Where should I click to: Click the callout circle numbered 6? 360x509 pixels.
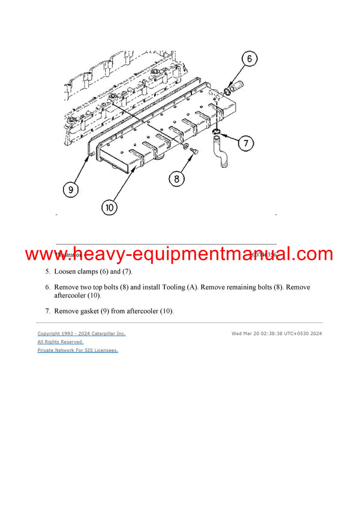[249, 59]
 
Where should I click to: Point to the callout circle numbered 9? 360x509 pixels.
[70, 189]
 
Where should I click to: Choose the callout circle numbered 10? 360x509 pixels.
[109, 208]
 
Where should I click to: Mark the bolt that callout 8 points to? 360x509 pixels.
[194, 154]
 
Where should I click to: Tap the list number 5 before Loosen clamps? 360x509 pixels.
[47, 272]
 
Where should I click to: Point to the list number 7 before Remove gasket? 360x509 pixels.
[47, 311]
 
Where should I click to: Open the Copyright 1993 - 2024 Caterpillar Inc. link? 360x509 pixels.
[82, 333]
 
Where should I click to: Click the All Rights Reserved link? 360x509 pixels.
[60, 342]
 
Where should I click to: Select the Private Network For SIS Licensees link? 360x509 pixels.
[77, 350]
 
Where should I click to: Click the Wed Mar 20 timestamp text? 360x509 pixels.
[277, 333]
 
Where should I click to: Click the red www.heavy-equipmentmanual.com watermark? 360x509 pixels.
[179, 254]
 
